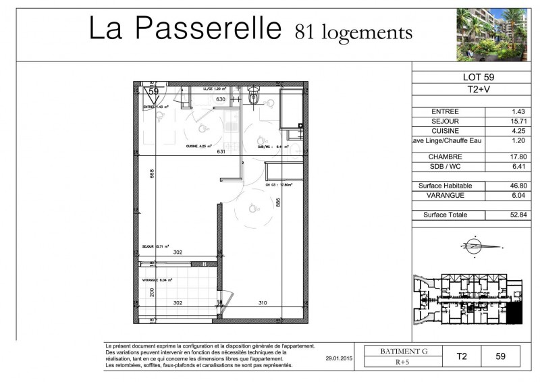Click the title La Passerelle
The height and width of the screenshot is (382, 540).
pyautogui.click(x=185, y=29)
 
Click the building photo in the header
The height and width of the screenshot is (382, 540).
pyautogui.click(x=491, y=34)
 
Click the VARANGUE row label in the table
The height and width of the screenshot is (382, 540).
pyautogui.click(x=446, y=196)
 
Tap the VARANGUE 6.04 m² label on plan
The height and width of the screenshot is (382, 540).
pyautogui.click(x=157, y=279)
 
